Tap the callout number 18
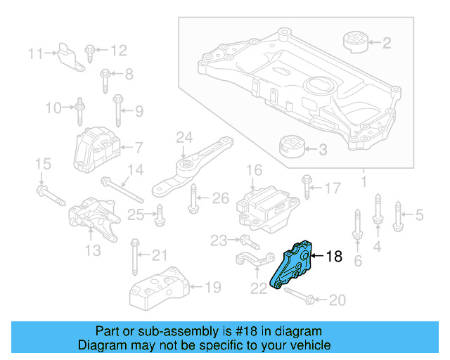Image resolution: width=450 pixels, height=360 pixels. [334, 257]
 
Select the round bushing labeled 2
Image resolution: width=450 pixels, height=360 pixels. [356, 41]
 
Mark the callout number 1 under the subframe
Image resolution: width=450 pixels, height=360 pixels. [364, 183]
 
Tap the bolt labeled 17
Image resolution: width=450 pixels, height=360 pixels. [307, 187]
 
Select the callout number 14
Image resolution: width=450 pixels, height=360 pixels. [134, 169]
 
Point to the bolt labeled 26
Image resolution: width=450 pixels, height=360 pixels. [193, 200]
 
